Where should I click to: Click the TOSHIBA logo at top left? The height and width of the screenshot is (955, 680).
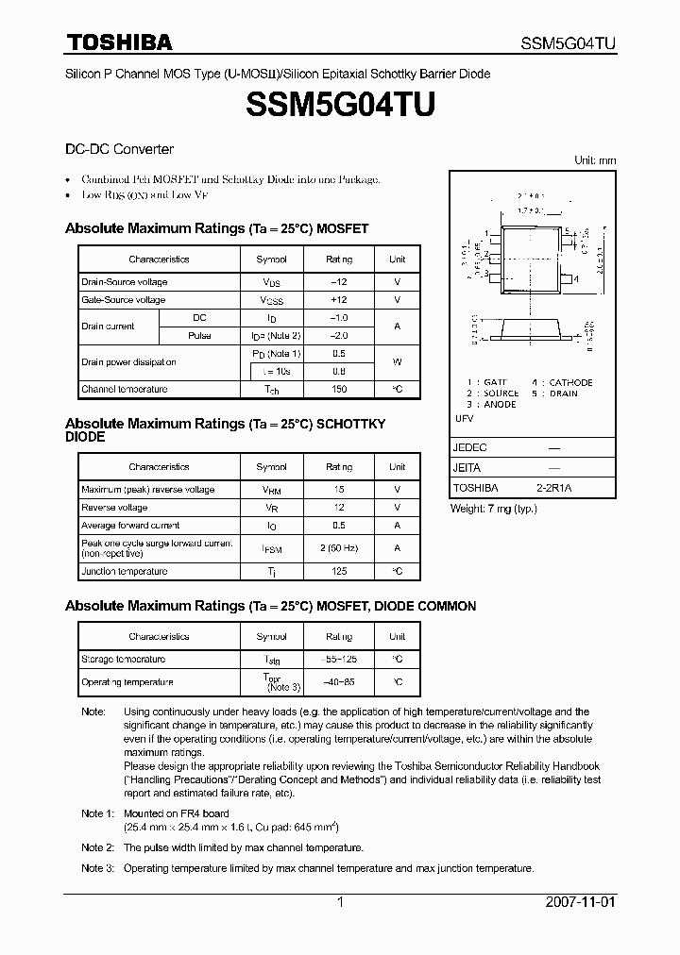pyautogui.click(x=118, y=42)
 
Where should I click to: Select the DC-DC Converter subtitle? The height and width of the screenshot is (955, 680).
pyautogui.click(x=119, y=149)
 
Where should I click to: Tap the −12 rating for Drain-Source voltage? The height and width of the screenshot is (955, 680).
pyautogui.click(x=339, y=282)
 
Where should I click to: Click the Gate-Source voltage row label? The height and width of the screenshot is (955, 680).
pyautogui.click(x=124, y=300)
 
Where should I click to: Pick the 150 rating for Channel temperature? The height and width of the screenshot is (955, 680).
pyautogui.click(x=339, y=389)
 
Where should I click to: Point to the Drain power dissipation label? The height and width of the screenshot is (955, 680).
pyautogui.click(x=128, y=362)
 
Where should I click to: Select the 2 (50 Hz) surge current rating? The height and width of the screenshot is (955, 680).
pyautogui.click(x=339, y=547)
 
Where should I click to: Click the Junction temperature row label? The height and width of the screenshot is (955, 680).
pyautogui.click(x=124, y=571)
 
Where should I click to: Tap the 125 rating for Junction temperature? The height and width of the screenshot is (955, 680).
pyautogui.click(x=339, y=571)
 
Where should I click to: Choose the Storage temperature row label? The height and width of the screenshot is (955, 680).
pyautogui.click(x=123, y=660)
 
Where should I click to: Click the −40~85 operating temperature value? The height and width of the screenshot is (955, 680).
pyautogui.click(x=339, y=681)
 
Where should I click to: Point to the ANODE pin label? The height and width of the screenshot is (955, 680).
pyautogui.click(x=500, y=404)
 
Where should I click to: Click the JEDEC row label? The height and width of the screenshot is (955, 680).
pyautogui.click(x=470, y=447)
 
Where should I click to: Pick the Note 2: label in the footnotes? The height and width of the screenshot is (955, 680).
pyautogui.click(x=98, y=847)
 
